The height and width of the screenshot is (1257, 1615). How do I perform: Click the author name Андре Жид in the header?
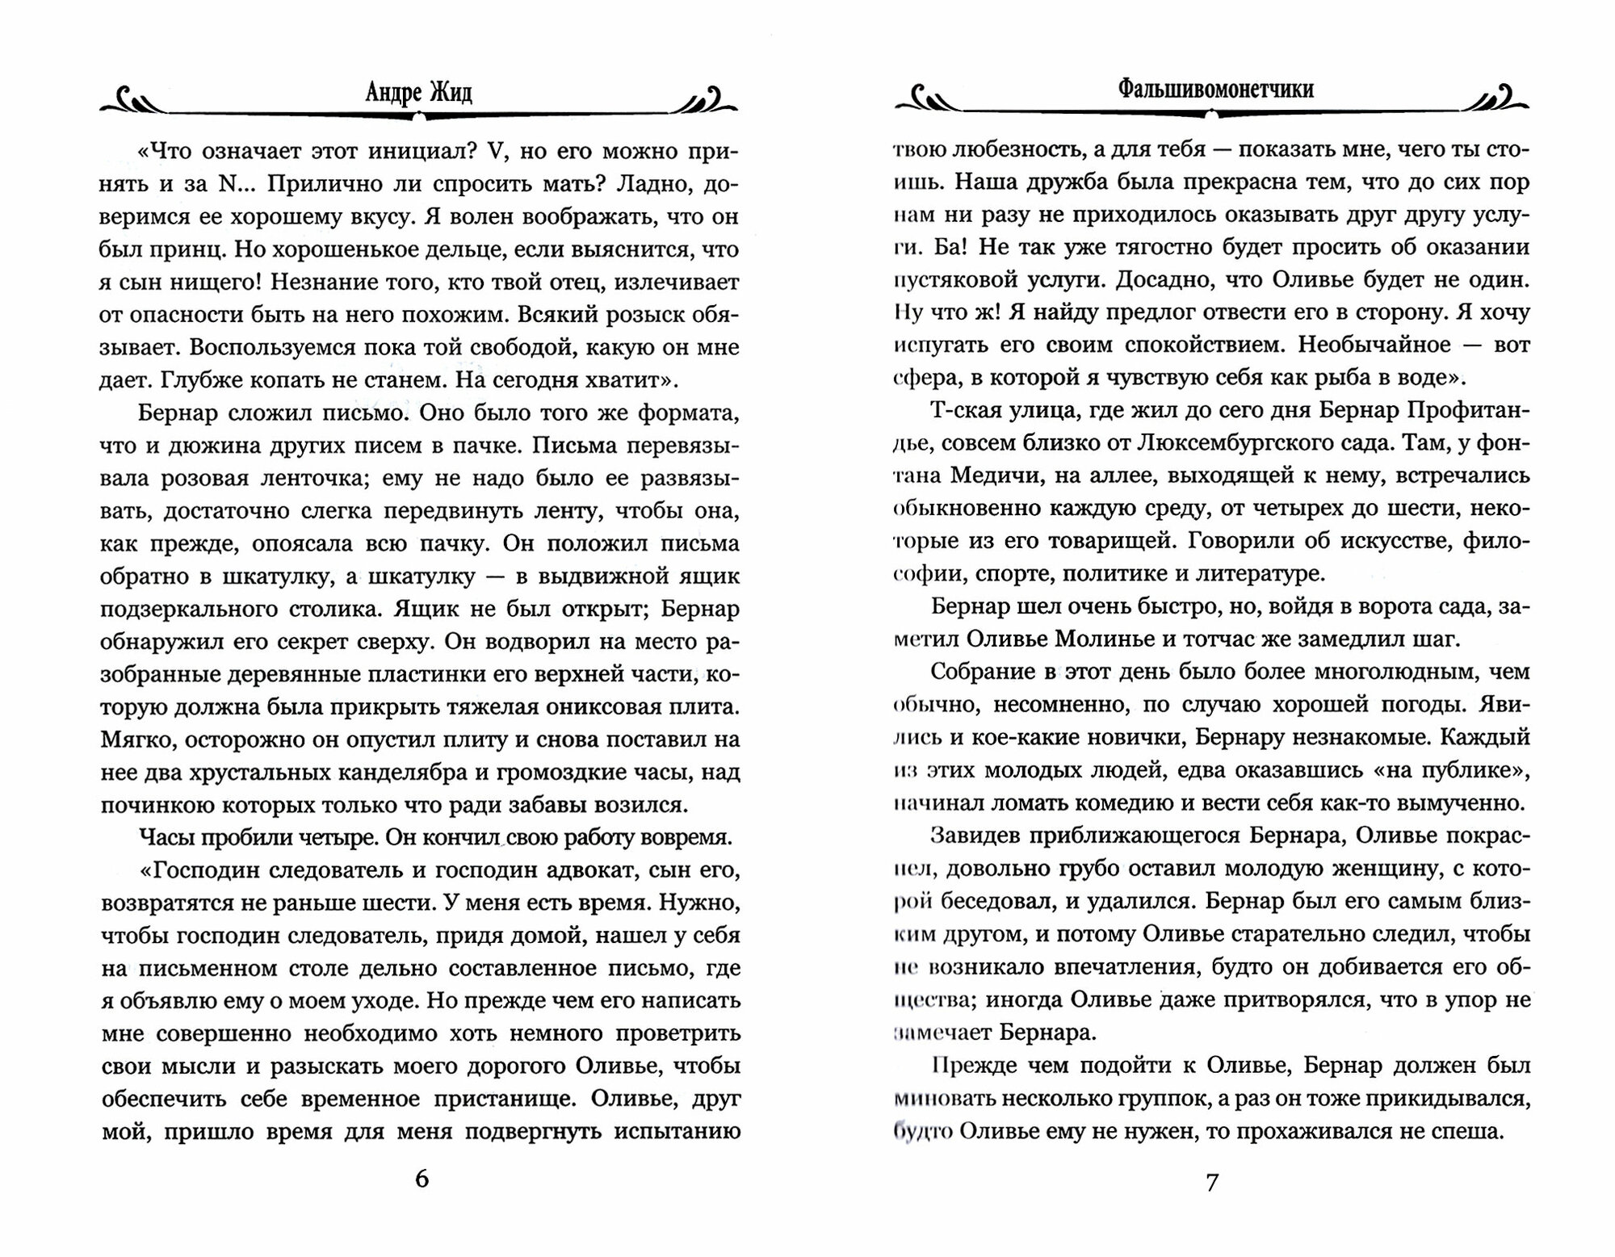click(x=418, y=93)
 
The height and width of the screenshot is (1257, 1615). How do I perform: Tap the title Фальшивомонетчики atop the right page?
click(x=1215, y=90)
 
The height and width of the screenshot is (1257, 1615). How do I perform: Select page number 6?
click(x=422, y=1179)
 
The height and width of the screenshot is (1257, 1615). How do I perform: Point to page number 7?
click(x=1211, y=1183)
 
